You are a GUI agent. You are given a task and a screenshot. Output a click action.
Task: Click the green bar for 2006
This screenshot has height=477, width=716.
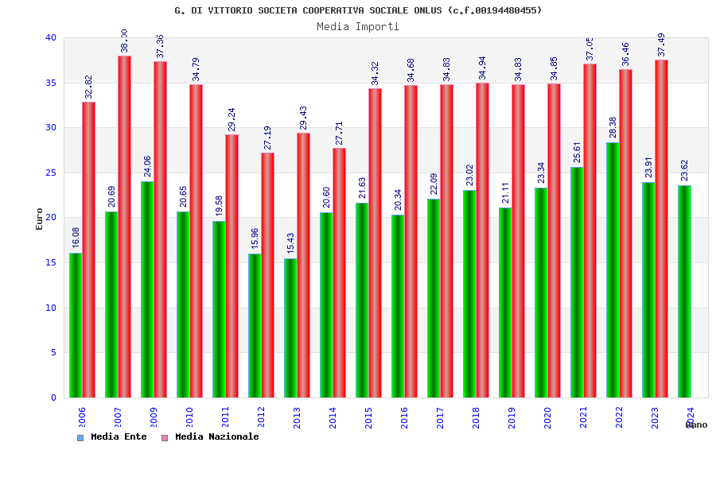tap(76, 325)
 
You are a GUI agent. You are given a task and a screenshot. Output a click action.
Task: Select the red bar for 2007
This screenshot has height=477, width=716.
tap(124, 227)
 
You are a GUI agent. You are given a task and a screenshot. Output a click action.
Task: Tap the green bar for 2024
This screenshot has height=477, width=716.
tap(684, 291)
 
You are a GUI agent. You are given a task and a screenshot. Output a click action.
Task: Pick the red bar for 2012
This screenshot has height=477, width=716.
tap(267, 275)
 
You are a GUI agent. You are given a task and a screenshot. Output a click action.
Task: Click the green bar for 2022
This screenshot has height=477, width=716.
tap(613, 270)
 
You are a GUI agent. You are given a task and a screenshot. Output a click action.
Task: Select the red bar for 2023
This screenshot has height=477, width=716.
tap(661, 229)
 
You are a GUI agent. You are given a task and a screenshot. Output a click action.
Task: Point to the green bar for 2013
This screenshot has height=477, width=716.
tap(290, 328)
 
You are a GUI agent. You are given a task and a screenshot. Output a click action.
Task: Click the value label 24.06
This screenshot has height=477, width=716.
tap(148, 166)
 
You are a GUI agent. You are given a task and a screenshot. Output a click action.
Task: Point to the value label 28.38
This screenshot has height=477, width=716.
tap(613, 127)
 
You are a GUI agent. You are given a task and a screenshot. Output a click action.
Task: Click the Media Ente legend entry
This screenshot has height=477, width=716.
tap(112, 436)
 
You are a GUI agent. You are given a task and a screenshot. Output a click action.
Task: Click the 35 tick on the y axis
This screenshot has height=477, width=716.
tap(51, 83)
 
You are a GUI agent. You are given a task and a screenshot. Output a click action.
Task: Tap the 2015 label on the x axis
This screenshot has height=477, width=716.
tap(369, 417)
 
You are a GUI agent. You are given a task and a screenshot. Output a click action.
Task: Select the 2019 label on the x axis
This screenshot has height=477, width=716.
tap(512, 417)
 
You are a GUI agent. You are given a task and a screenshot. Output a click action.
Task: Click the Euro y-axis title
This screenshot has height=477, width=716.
tap(40, 219)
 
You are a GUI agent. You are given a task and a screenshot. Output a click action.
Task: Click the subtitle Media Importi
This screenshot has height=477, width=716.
tap(358, 26)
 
